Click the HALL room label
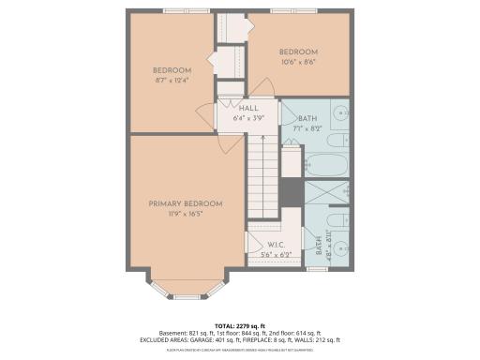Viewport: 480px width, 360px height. (248, 109)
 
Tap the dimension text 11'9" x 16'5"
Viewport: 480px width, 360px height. (185, 214)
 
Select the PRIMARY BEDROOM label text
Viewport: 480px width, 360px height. (185, 203)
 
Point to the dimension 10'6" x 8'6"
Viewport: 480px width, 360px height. (298, 62)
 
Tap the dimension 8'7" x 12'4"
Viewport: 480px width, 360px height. (172, 81)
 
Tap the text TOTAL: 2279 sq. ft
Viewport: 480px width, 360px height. (240, 323)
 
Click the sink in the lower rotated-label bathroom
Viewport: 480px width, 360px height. (342, 246)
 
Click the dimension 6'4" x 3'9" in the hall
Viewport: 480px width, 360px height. (248, 118)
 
